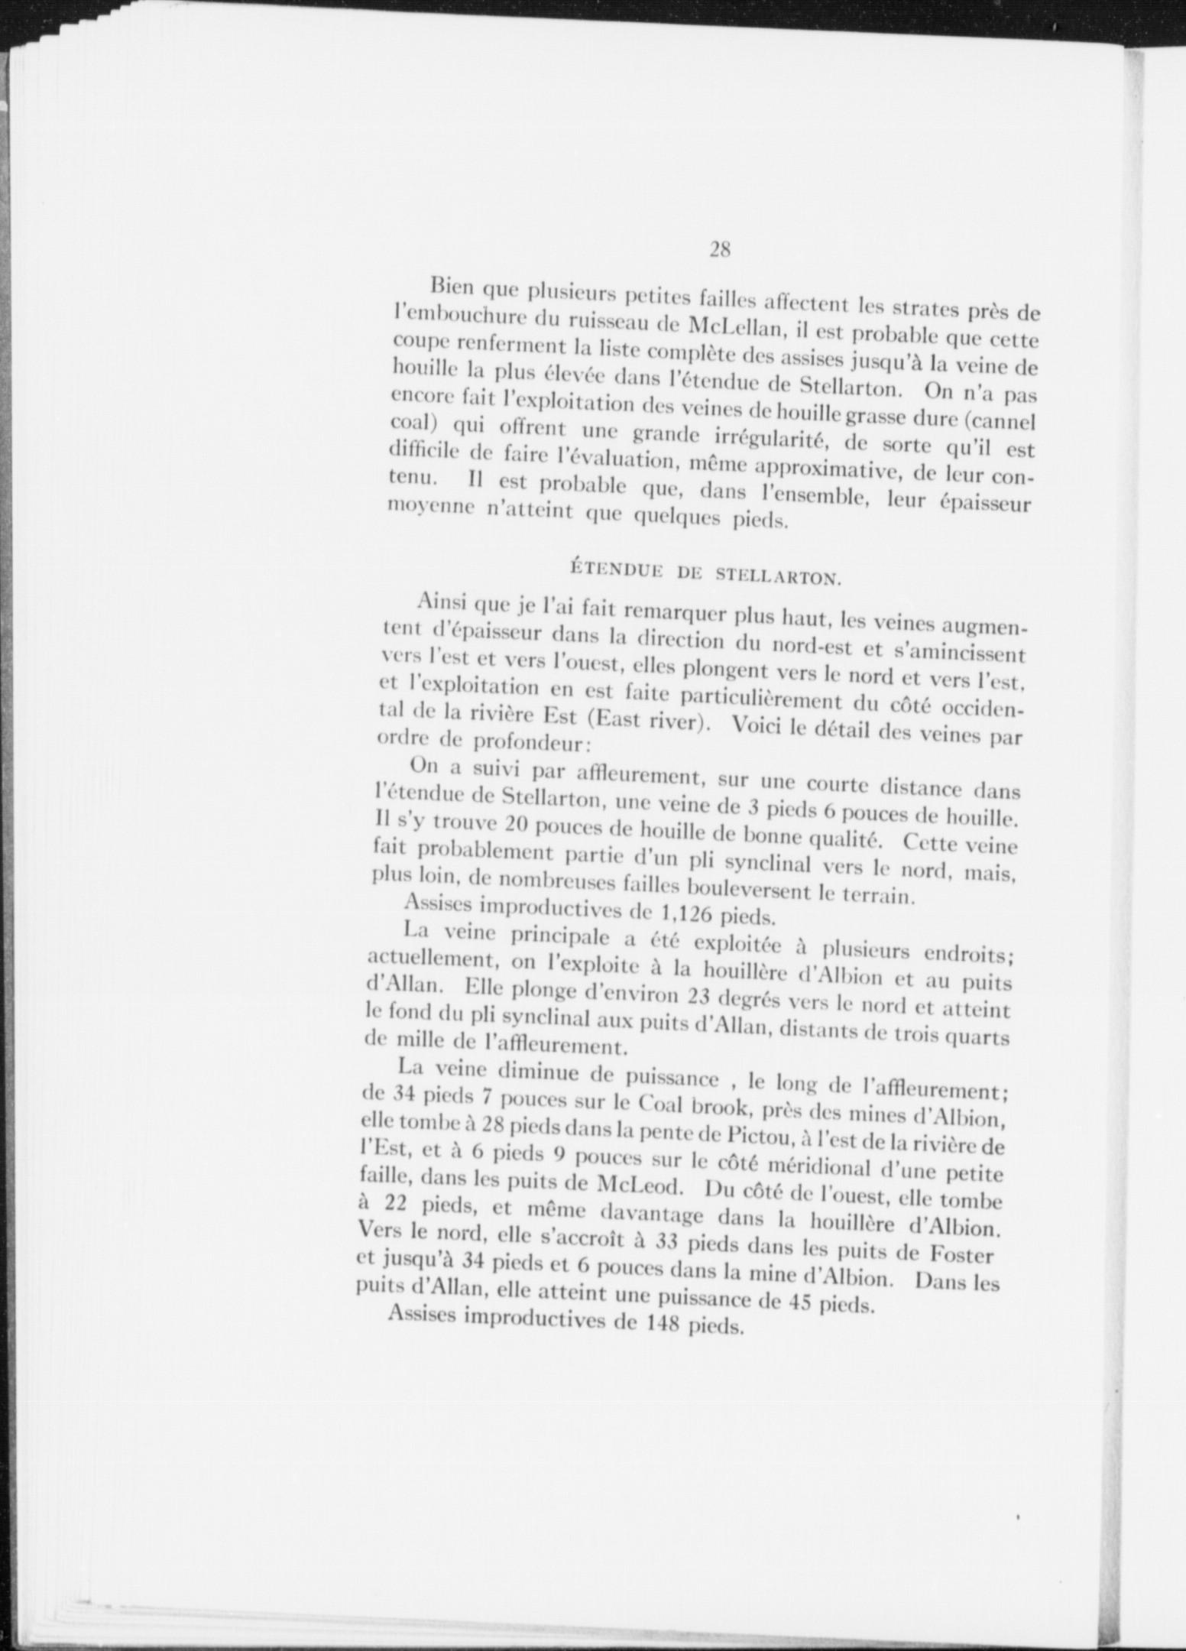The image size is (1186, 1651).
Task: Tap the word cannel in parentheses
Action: (1003, 420)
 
